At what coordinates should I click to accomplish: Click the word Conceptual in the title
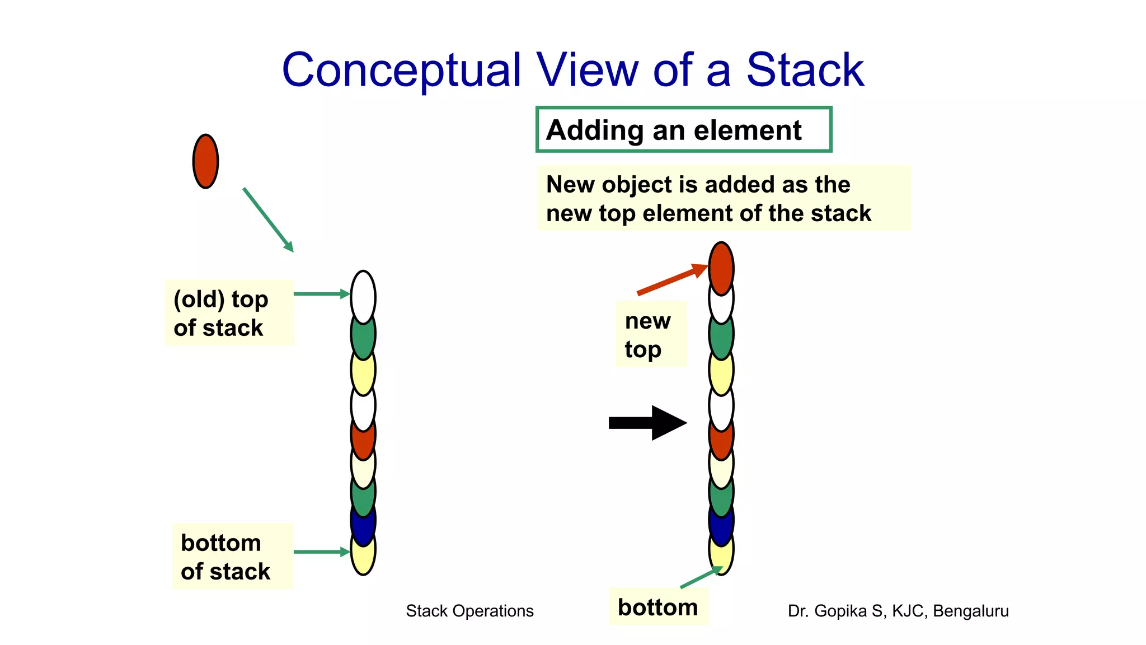[x=401, y=71]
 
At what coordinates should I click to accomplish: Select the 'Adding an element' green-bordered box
[x=683, y=129]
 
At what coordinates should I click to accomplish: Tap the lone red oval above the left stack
[x=205, y=161]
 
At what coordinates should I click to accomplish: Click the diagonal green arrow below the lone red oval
[x=268, y=220]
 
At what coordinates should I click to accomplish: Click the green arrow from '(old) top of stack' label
[x=321, y=293]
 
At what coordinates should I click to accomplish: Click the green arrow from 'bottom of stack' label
[x=321, y=552]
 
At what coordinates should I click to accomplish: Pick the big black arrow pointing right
[x=647, y=423]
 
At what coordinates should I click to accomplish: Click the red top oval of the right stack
[x=721, y=268]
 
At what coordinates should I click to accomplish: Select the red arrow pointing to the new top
[x=671, y=279]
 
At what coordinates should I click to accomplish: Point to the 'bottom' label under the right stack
[x=658, y=607]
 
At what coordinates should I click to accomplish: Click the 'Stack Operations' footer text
[x=469, y=611]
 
